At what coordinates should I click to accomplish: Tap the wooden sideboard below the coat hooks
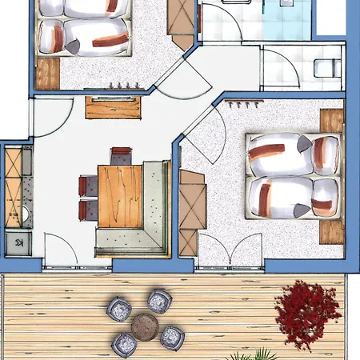point(113,106)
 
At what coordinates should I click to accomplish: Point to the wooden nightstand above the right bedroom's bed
point(330,121)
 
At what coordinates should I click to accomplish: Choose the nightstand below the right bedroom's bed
point(331,231)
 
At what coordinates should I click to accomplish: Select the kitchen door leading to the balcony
point(61,247)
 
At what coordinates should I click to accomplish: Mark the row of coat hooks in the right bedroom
point(241,103)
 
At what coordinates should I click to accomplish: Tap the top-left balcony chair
point(118,306)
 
